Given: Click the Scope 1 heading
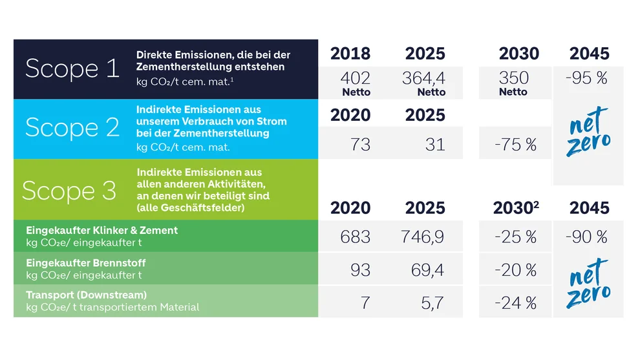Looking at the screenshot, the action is coord(72,68).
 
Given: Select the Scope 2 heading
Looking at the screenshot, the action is coord(72,128).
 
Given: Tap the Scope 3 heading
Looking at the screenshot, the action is coord(69,191).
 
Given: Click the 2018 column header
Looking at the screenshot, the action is coord(350,54).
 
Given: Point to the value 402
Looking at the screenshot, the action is coord(355,78).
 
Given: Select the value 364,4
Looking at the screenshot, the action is coord(423,78).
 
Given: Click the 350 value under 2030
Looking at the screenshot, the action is coord(513,78).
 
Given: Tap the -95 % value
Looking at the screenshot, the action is coord(586,78).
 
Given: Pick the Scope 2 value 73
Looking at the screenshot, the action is coord(360,145).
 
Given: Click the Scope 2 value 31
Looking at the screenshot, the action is coord(434,145).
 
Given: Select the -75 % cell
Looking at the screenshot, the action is coord(515,145).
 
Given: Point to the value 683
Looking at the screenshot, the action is coord(355,237).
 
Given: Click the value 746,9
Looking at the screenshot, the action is coord(422,237).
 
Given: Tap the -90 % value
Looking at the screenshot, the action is coord(586,237).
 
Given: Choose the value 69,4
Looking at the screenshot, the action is coord(427,270).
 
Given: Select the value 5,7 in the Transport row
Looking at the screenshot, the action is coord(432,303).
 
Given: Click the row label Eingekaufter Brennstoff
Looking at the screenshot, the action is coord(86,263).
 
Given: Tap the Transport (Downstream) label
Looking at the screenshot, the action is coord(87,295).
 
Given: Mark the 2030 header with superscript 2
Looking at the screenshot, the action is coord(516,207).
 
